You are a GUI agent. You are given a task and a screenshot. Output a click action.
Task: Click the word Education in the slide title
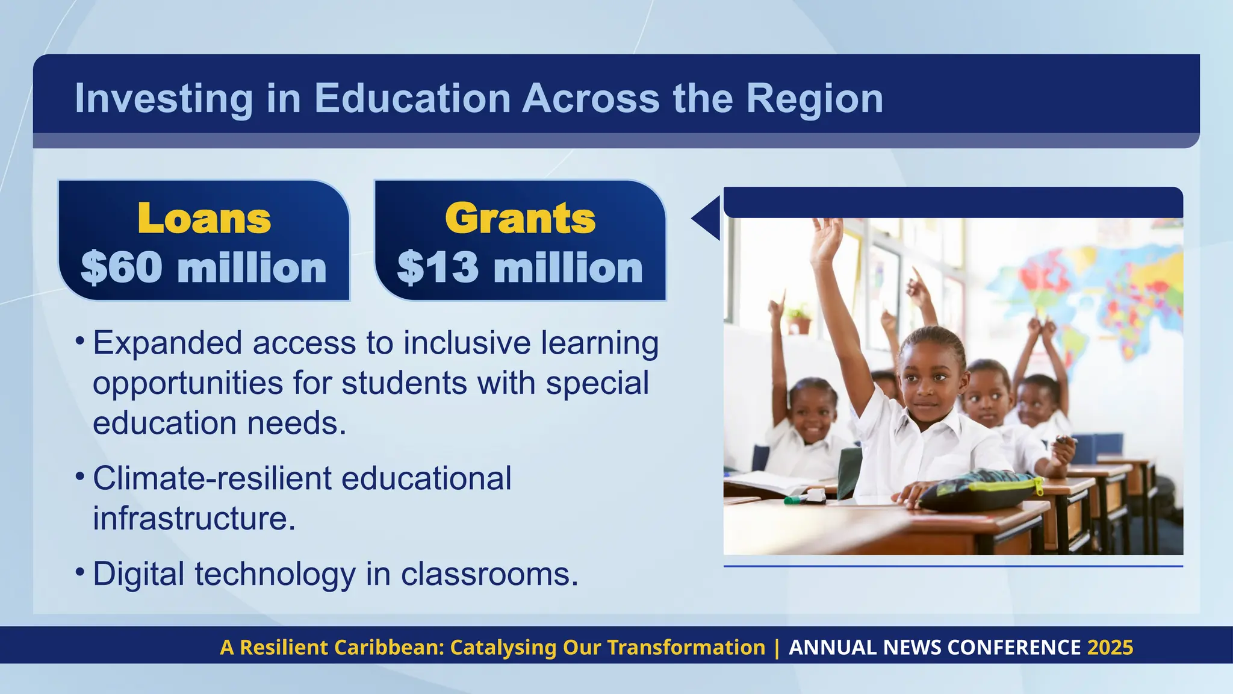click(412, 98)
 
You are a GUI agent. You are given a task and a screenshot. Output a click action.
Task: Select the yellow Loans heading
click(204, 218)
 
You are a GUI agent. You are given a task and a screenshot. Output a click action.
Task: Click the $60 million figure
click(203, 267)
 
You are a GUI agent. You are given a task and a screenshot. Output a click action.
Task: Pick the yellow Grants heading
click(520, 218)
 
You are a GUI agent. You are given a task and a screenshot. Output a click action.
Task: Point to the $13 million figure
click(520, 267)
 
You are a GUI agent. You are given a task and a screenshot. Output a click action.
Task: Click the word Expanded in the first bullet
click(166, 343)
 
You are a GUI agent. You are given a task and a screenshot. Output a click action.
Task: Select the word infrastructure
click(194, 518)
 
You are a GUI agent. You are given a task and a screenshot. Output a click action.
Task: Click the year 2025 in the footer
click(1110, 647)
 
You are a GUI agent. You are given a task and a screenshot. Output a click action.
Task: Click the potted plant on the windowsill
click(800, 319)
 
